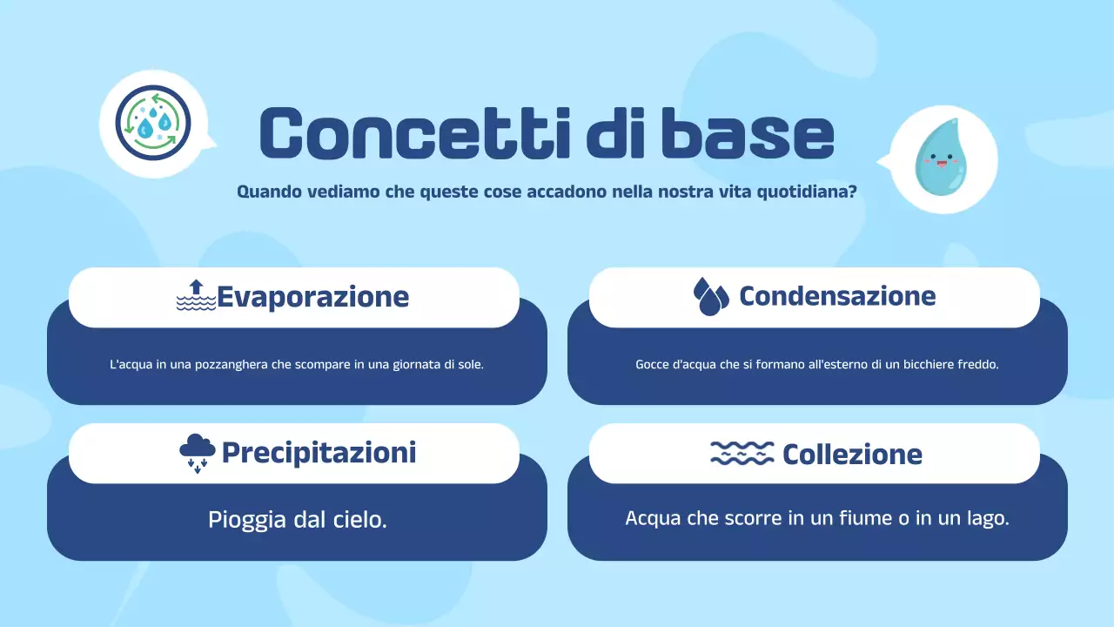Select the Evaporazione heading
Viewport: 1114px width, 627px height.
[x=312, y=296]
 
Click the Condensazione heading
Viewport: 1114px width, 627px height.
[x=837, y=296]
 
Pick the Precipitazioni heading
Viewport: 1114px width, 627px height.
[x=319, y=453]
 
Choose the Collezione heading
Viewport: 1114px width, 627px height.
[x=852, y=454]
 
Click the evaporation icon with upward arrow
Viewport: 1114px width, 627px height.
[x=196, y=296]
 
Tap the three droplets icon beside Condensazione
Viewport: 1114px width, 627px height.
[x=710, y=296]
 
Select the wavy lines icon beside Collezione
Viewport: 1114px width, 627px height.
[x=742, y=453]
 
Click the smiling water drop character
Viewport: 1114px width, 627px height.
[x=936, y=158]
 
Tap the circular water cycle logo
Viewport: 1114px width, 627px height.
[x=152, y=123]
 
